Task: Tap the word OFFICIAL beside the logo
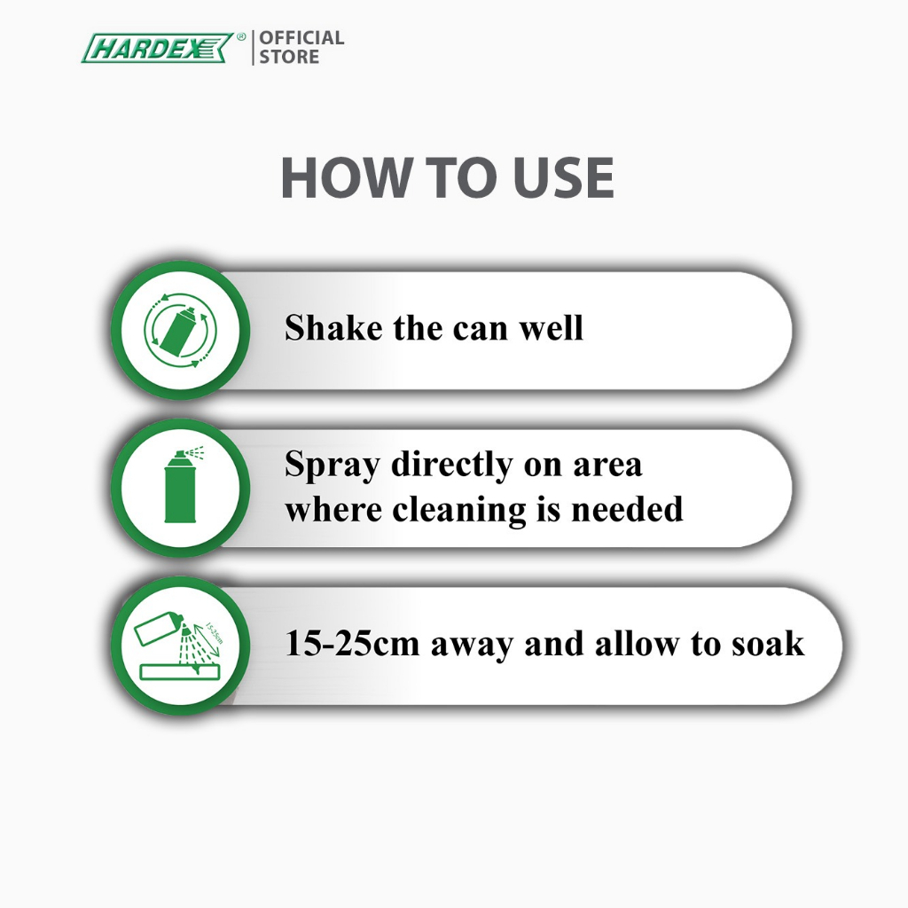[301, 38]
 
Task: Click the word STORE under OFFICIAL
[289, 57]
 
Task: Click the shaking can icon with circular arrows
[180, 330]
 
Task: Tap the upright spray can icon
[181, 485]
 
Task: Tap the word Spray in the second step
[333, 466]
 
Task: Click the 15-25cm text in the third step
[352, 644]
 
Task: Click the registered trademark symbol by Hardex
[241, 37]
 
